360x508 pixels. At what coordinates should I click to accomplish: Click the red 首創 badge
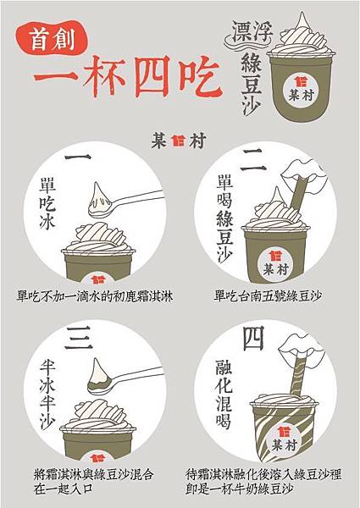51,38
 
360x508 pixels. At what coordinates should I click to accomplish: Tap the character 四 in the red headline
152,76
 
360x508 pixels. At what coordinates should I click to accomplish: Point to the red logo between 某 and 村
178,141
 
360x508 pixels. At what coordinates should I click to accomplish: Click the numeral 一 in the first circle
78,157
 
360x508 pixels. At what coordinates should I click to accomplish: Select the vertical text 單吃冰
47,203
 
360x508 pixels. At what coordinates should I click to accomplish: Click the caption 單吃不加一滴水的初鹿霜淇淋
95,296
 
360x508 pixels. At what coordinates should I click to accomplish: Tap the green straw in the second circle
298,194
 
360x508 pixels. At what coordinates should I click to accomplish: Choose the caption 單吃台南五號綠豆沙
268,295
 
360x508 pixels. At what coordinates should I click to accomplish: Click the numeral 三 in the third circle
79,338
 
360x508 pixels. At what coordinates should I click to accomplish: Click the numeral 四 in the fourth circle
253,338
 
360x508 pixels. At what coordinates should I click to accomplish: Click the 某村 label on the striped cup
284,440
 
